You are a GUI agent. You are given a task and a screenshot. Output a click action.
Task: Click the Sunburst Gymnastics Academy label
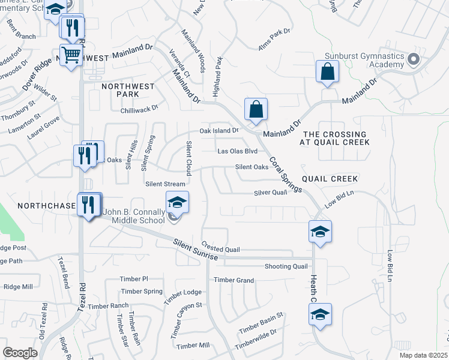point(364,61)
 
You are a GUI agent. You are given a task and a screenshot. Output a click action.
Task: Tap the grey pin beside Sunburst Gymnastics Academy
point(412,59)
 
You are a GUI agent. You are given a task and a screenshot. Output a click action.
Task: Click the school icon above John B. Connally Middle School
point(177,203)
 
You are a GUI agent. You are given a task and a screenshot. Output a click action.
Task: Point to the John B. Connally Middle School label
point(134,216)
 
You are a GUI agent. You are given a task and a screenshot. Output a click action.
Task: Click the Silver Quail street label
point(270,193)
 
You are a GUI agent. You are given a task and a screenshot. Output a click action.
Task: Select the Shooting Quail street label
point(286,266)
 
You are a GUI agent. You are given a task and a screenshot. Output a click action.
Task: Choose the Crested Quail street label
point(221,249)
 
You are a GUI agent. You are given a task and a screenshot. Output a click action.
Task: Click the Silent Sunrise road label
point(195,251)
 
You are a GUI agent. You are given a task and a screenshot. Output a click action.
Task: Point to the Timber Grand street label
point(234,280)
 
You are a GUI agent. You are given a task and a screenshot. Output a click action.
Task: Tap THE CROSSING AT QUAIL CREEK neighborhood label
point(335,138)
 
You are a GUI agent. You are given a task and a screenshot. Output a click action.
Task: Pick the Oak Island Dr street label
point(219,130)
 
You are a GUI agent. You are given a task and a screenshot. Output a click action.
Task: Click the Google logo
point(20,352)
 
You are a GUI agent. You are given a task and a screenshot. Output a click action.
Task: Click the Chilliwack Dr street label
point(138,107)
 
